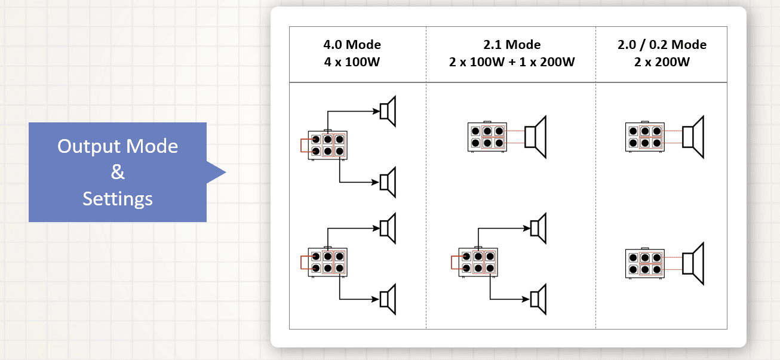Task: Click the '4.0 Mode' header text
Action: click(x=352, y=45)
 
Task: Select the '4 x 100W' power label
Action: click(x=352, y=61)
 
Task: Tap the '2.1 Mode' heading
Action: click(x=511, y=45)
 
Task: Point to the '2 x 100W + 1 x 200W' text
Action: click(x=511, y=61)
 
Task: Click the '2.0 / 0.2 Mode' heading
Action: click(x=662, y=45)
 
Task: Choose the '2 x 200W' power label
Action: click(x=662, y=61)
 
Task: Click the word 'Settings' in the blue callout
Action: click(x=118, y=198)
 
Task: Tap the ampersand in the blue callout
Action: click(x=118, y=173)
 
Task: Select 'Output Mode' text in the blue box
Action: click(x=118, y=146)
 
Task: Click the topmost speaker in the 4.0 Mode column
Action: click(x=389, y=111)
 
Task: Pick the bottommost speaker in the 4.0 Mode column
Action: click(x=389, y=299)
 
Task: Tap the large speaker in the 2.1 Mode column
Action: click(x=536, y=137)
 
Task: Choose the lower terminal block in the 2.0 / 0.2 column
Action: click(x=644, y=264)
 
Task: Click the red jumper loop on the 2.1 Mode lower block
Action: click(x=455, y=263)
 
